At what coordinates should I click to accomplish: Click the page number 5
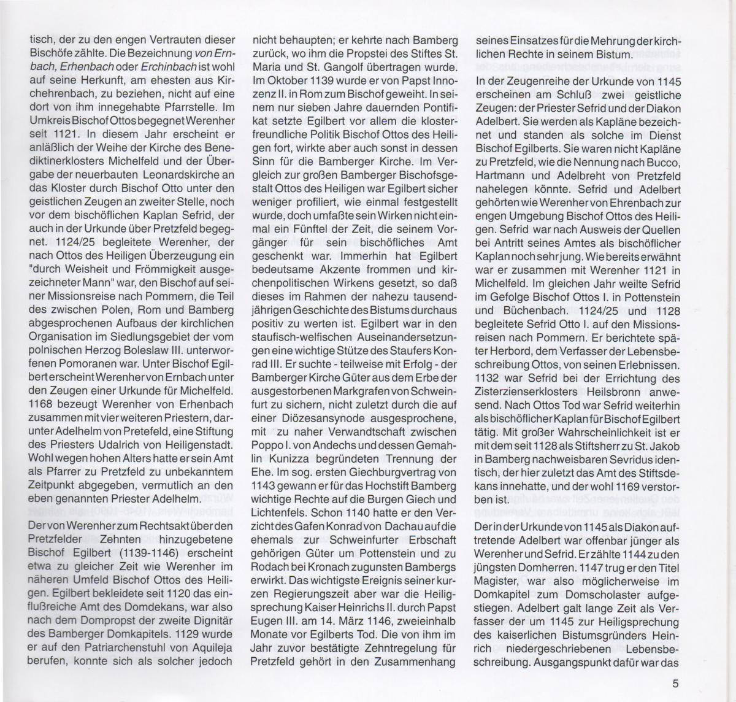point(675,684)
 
